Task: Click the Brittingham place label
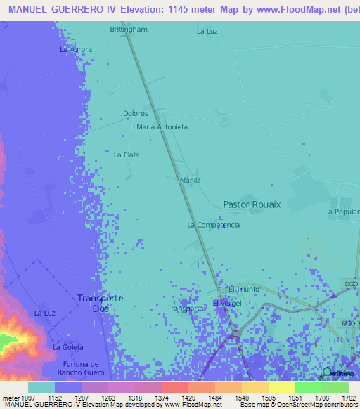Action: [x=129, y=30]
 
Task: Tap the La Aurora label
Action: [x=76, y=50]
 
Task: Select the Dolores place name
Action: [x=135, y=113]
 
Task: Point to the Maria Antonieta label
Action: [x=162, y=127]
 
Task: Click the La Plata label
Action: [x=127, y=155]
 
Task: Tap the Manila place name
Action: [x=191, y=181]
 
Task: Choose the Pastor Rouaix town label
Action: [x=251, y=204]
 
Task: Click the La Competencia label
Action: [x=213, y=225]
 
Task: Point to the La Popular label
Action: [x=342, y=212]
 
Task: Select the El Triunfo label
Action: [x=244, y=289]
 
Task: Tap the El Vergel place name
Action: [x=227, y=303]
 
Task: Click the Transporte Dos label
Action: [x=100, y=303]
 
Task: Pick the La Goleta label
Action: [x=68, y=347]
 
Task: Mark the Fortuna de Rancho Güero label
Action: [x=78, y=368]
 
